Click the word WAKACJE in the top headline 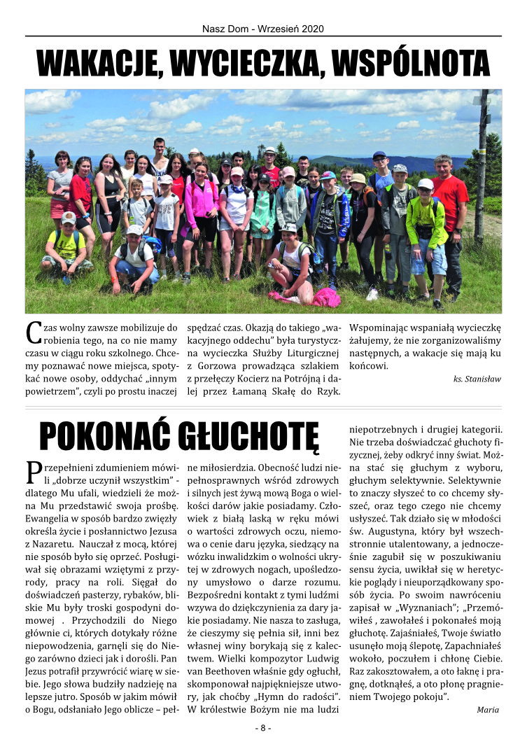click(x=99, y=63)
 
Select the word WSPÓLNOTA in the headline click(x=412, y=63)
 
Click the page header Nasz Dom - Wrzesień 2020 click(x=262, y=29)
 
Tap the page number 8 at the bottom click(x=262, y=728)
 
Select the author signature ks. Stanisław click(x=477, y=379)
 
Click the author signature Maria click(x=487, y=709)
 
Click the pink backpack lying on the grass click(x=325, y=297)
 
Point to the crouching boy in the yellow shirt click(x=66, y=248)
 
